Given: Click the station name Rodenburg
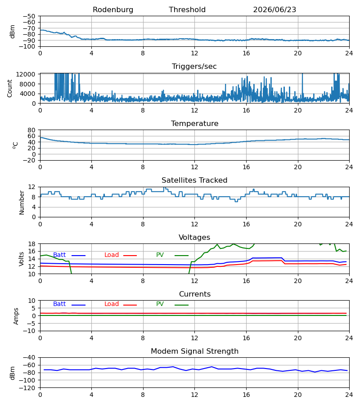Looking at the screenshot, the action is click(113, 10).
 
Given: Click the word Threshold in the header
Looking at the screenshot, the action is click(187, 10).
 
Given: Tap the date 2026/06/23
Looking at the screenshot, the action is click(274, 10).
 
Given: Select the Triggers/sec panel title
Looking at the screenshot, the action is click(194, 67).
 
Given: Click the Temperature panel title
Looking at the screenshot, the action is click(194, 123).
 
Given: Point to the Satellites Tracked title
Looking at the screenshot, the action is click(194, 180).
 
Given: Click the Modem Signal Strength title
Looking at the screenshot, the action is click(194, 351).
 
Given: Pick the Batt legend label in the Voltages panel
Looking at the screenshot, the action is click(59, 255).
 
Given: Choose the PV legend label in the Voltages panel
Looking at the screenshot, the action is click(160, 255).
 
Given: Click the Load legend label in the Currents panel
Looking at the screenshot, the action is click(112, 304).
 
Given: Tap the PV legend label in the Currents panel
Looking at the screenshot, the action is click(160, 304).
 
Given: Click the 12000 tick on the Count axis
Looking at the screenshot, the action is click(26, 74).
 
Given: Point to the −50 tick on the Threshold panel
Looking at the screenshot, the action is click(29, 16).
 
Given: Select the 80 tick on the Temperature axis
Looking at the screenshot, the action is click(31, 130).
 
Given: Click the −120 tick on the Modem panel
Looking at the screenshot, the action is click(27, 388).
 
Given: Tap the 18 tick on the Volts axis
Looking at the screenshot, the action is click(31, 244).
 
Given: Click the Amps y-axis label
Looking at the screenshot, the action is click(16, 316).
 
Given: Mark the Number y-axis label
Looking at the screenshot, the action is click(22, 202).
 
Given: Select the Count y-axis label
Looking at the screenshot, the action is click(9, 88).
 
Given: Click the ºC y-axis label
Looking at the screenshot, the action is click(15, 145).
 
